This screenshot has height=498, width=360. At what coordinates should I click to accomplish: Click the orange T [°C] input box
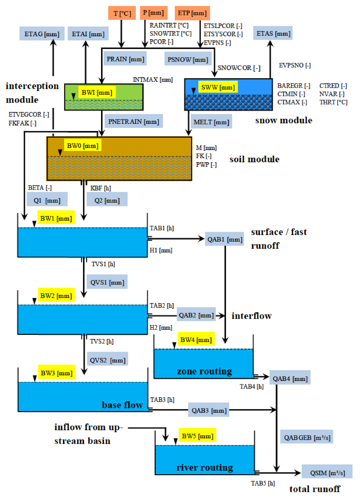pos(122,13)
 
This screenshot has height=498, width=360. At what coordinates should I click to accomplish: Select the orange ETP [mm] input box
pos(192,13)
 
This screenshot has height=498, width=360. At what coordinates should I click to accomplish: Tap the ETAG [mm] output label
pos(42,34)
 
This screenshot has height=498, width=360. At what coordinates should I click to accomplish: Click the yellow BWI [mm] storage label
pos(97,92)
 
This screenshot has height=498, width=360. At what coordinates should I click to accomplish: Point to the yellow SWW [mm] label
pos(218,87)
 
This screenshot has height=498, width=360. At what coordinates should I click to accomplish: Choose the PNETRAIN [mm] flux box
pos(133,122)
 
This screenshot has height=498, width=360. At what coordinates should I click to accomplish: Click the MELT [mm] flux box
pos(211,122)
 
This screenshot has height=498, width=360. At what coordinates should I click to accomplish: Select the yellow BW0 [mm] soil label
pos(83,146)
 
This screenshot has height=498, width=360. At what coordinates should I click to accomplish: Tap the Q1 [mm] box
pos(47,200)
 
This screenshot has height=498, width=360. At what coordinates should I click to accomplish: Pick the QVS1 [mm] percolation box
pos(107,282)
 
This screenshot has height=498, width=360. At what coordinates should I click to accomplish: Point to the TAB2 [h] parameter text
pos(162,305)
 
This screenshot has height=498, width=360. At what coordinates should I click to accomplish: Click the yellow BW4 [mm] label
pos(196,340)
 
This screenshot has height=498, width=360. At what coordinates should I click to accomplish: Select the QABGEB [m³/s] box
pos(307,437)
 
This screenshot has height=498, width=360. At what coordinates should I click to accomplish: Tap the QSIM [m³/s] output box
pos(327,472)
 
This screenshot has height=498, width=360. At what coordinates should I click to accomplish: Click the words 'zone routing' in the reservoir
pos(204,371)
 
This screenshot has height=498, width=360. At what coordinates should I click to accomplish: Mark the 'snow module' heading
pos(284,120)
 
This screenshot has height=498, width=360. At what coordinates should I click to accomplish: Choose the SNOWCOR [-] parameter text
pos(239,68)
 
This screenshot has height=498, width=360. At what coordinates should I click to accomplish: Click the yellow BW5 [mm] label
pos(197,436)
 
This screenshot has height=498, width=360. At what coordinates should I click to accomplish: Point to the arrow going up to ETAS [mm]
pos(270,59)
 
